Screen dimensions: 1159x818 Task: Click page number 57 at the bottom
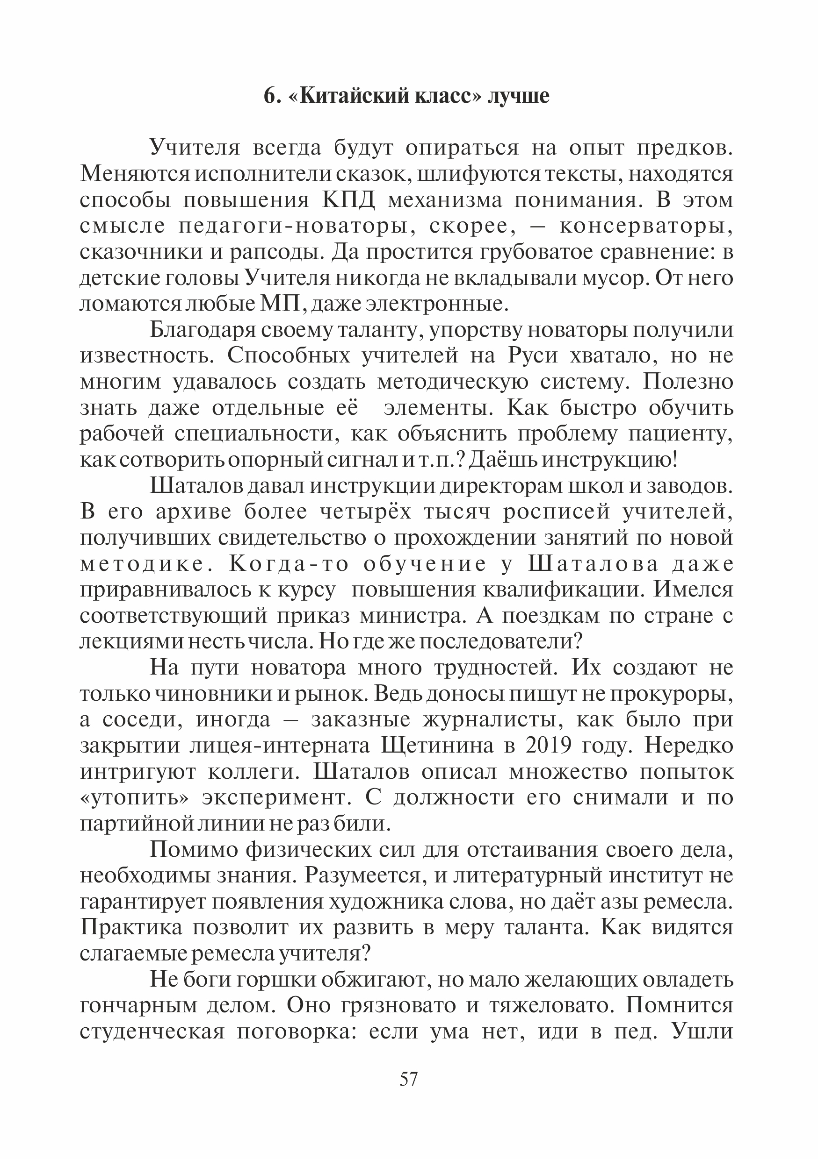[x=409, y=1079]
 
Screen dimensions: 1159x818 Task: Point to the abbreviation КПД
[x=349, y=200]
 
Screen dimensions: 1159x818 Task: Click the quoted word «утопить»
[x=134, y=798]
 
